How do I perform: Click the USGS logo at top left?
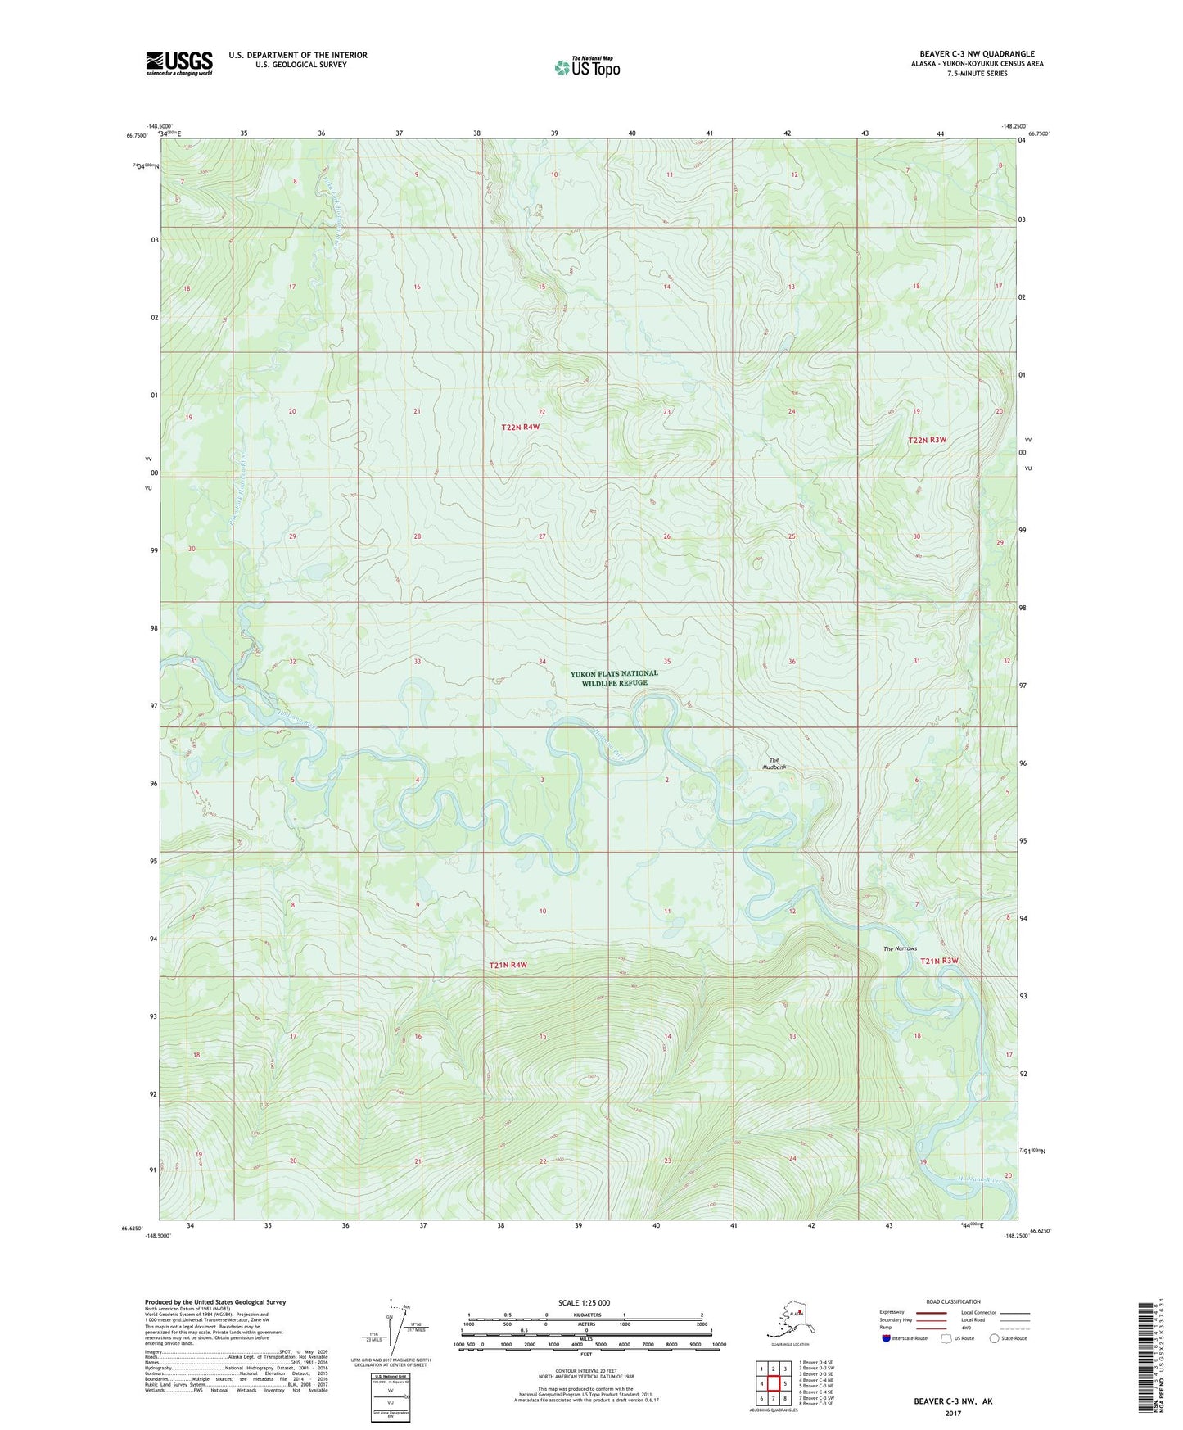179,62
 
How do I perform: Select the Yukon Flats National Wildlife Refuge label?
613,678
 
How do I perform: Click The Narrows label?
899,948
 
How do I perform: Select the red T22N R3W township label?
927,440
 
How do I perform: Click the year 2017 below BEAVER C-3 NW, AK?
952,1413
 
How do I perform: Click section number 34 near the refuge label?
542,661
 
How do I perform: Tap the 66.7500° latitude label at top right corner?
1037,133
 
